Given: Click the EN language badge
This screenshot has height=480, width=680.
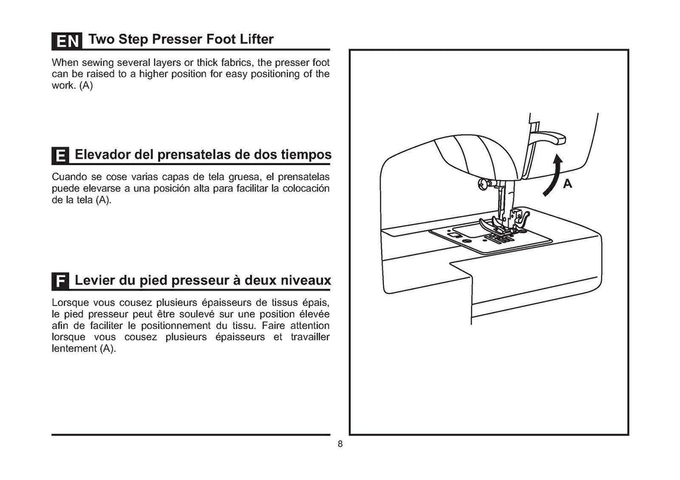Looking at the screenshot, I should [x=66, y=41].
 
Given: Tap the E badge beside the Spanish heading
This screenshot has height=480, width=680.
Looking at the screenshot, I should [x=60, y=156].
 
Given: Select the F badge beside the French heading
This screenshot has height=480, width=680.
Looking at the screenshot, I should [x=60, y=281].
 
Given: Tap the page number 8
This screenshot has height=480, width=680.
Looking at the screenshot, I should [x=339, y=445].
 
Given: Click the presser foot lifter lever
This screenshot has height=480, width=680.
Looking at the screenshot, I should [x=549, y=137].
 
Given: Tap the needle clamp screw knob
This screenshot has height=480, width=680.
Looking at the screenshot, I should [x=485, y=182].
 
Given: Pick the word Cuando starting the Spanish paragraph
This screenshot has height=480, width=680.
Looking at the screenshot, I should [x=68, y=178].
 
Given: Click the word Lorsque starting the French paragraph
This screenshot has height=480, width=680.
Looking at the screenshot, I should [x=70, y=302].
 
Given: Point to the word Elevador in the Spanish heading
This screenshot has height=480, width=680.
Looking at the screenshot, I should [x=102, y=156].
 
